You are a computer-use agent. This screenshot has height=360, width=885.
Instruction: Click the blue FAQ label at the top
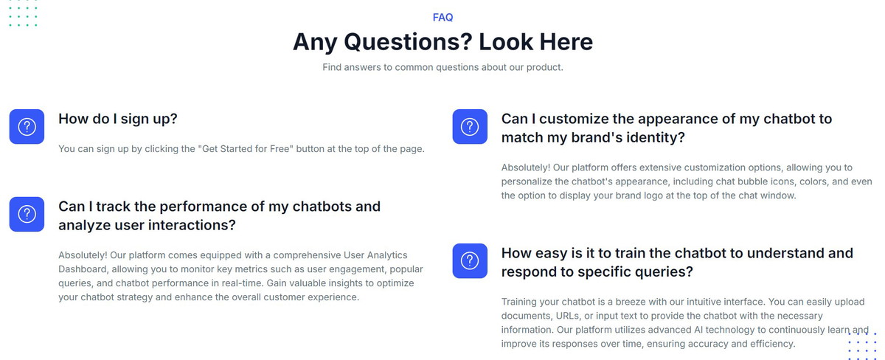(442, 18)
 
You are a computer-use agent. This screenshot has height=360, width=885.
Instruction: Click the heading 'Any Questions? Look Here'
(442, 41)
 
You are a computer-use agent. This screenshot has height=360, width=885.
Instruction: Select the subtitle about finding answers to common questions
(442, 67)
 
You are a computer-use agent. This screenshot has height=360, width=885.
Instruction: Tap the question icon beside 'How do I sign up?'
(27, 126)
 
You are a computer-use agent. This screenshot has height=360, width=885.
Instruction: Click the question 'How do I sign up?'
(118, 119)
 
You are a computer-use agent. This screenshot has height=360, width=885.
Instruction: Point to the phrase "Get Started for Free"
(246, 148)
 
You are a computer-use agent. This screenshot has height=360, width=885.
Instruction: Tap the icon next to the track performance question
(27, 214)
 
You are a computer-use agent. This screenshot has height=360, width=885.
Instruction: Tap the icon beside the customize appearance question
(470, 126)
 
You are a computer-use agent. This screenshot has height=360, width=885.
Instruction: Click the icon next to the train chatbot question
(470, 261)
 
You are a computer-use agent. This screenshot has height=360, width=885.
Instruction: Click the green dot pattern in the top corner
(23, 13)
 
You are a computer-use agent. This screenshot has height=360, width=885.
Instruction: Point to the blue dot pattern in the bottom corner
(862, 346)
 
